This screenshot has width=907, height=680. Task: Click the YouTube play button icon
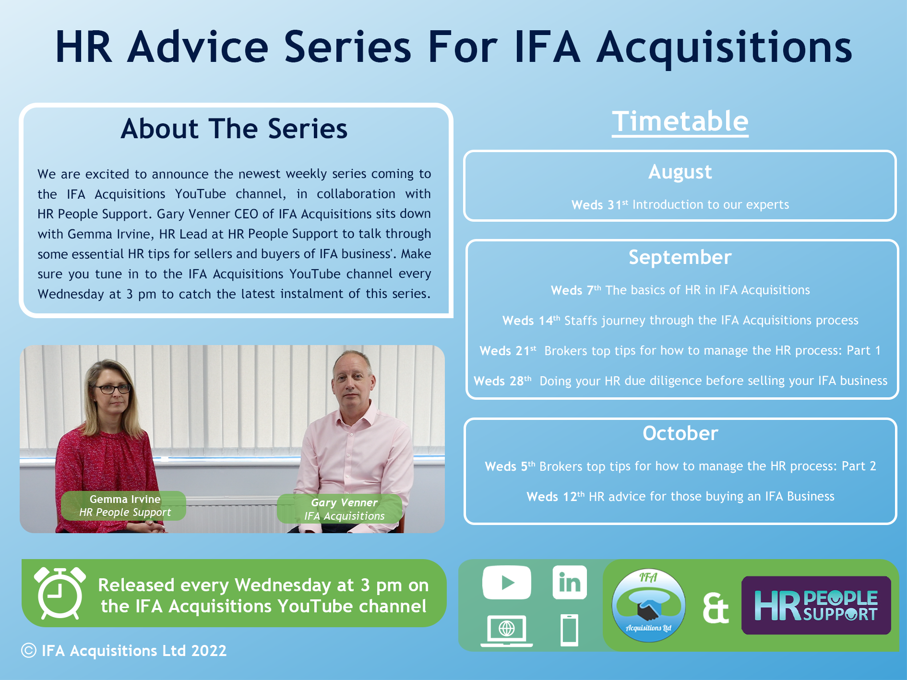pos(507,582)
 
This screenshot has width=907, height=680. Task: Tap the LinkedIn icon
pos(570,582)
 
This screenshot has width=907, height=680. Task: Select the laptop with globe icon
pos(507,631)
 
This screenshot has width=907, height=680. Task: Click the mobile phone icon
pos(570,630)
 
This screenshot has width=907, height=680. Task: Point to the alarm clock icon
pos(60,593)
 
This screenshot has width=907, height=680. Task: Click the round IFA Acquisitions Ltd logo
pos(648,605)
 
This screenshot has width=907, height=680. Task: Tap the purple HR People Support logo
pos(816,605)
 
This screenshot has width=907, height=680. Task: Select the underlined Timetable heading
pos(680,121)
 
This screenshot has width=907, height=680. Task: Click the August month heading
pos(680,172)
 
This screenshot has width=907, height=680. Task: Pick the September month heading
pos(680,258)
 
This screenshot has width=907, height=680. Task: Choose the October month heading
pos(680,433)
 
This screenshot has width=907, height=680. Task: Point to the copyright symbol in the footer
pos(29,651)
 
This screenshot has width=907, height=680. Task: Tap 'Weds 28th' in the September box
pos(502,381)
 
